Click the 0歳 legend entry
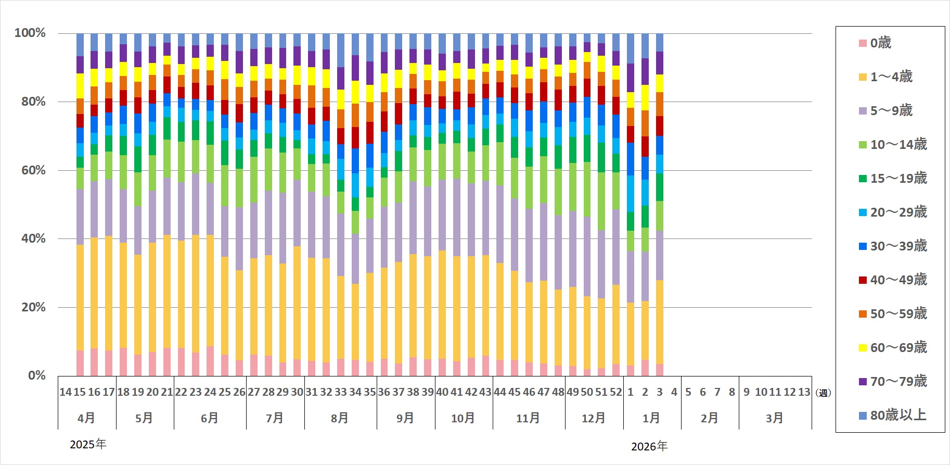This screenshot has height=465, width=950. (x=880, y=43)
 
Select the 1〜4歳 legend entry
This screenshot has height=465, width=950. (x=891, y=77)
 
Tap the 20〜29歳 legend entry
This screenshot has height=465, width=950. (x=898, y=212)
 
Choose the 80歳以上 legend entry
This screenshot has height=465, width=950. (x=898, y=415)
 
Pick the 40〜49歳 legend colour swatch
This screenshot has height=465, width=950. (x=863, y=280)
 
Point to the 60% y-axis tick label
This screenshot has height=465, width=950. (x=33, y=170)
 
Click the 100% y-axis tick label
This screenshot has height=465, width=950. (x=30, y=33)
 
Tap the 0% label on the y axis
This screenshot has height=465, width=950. (x=37, y=375)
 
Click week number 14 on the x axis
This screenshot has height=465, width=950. (x=66, y=392)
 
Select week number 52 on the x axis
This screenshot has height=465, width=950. (x=616, y=392)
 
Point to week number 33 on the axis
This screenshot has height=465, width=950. (x=340, y=392)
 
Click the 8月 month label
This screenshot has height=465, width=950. (x=340, y=418)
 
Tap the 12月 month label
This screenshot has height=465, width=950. (x=594, y=418)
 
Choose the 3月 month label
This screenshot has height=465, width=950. (x=774, y=418)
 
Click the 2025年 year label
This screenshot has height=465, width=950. (x=88, y=444)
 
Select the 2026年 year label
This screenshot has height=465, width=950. (x=649, y=446)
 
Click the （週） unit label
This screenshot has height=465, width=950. (x=823, y=393)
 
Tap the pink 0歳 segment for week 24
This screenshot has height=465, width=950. (x=210, y=361)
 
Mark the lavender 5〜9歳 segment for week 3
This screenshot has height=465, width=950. (x=660, y=255)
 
